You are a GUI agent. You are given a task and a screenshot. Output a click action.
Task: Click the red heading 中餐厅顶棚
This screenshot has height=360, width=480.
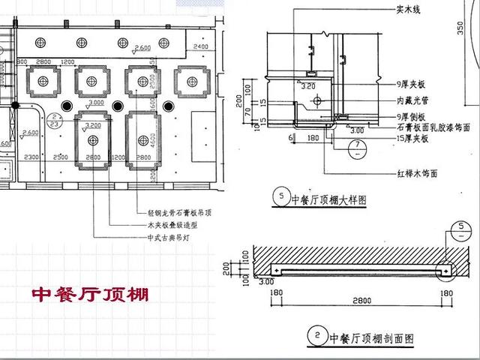click(90, 293)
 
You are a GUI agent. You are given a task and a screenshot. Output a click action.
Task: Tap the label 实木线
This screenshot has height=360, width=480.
click(409, 11)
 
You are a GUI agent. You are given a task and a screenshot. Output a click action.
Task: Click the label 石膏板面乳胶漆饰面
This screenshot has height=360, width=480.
click(431, 127)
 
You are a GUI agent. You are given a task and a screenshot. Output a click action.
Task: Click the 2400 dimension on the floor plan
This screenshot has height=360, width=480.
click(200, 46)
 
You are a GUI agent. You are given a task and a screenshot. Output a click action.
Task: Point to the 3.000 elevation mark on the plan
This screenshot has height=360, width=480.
click(95, 102)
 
